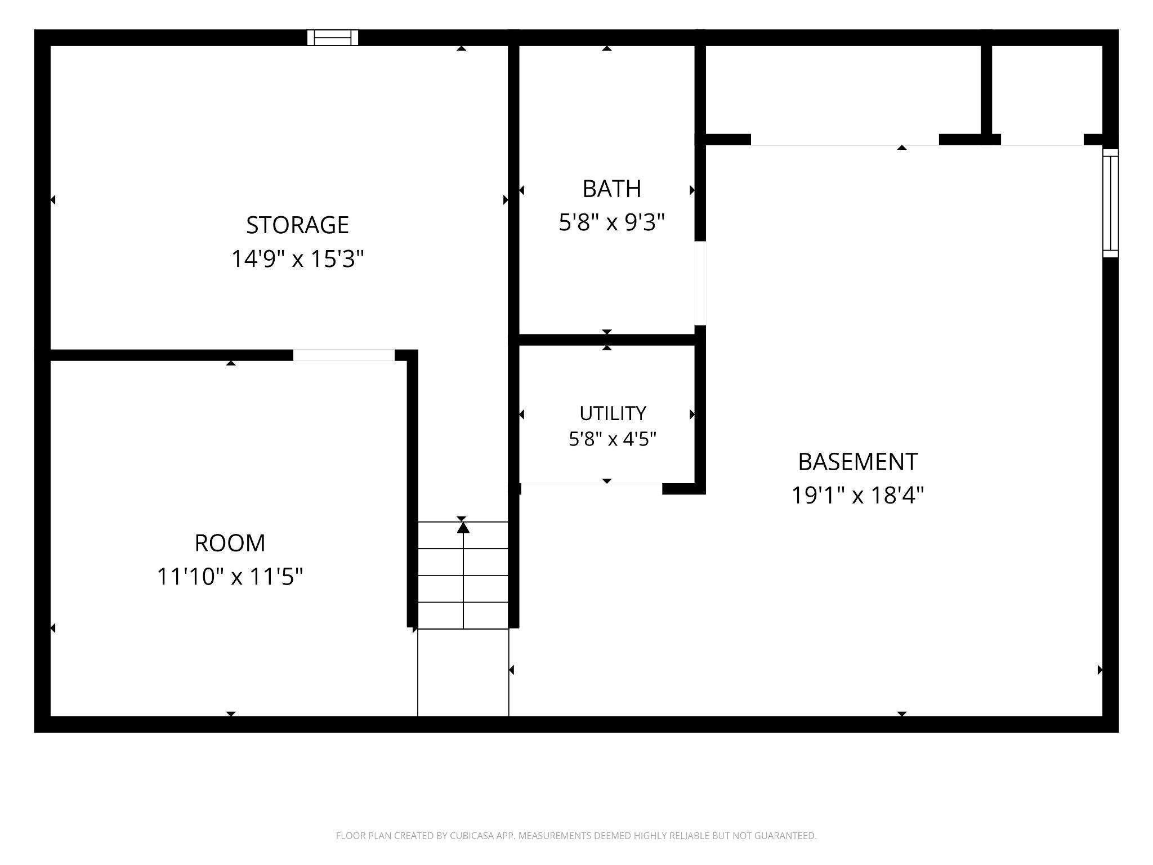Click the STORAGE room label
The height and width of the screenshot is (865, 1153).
coord(297,225)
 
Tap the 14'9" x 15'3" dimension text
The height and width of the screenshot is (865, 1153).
coord(298,259)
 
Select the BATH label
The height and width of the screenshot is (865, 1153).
coord(611,189)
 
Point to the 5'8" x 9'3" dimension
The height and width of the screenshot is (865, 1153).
coord(611,223)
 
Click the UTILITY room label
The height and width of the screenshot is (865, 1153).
coord(613,413)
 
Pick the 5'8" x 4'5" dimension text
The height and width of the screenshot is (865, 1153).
coord(613,439)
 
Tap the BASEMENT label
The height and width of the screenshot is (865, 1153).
coord(857,462)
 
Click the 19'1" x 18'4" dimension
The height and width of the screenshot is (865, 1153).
coord(857,496)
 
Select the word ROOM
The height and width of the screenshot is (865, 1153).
coord(230,543)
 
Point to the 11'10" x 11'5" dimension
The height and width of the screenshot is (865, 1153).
coord(230,577)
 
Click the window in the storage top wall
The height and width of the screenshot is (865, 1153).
coord(333,38)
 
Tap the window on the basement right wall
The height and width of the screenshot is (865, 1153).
coord(1110,203)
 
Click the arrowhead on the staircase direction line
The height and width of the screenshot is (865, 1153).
coord(463,527)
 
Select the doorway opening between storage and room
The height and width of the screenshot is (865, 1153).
coord(344,355)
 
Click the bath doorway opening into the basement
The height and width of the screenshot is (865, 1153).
coord(700,283)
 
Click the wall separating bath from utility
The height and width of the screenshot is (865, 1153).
coord(607,340)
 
